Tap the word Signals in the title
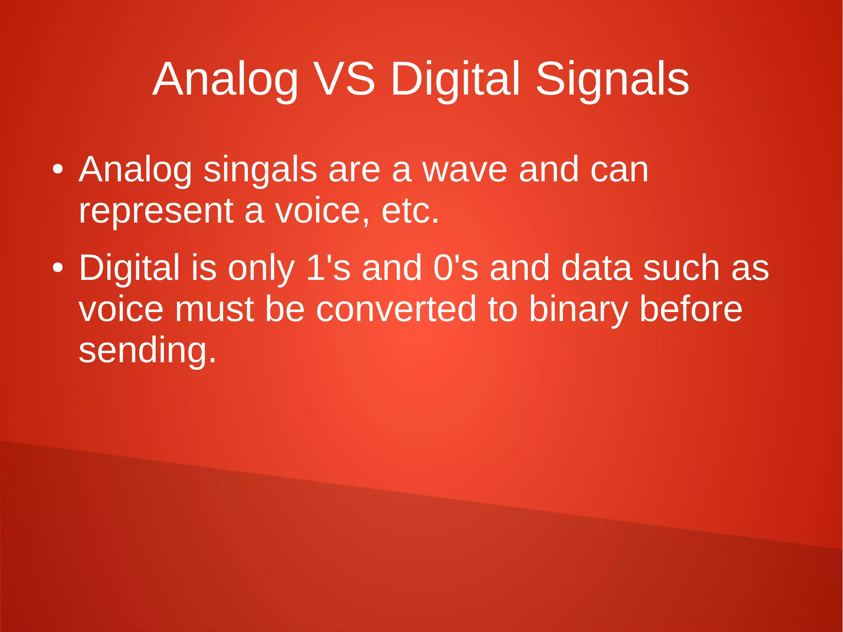point(612,79)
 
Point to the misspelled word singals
point(260,170)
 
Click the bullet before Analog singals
point(58,170)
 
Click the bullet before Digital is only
point(58,268)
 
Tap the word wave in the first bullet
point(465,170)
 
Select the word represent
point(156,211)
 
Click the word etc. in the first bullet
point(410,211)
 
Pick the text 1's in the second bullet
point(328,268)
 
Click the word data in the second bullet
point(596,268)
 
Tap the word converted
point(396,310)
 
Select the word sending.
point(147,351)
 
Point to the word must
point(214,310)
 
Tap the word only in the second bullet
point(261,268)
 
